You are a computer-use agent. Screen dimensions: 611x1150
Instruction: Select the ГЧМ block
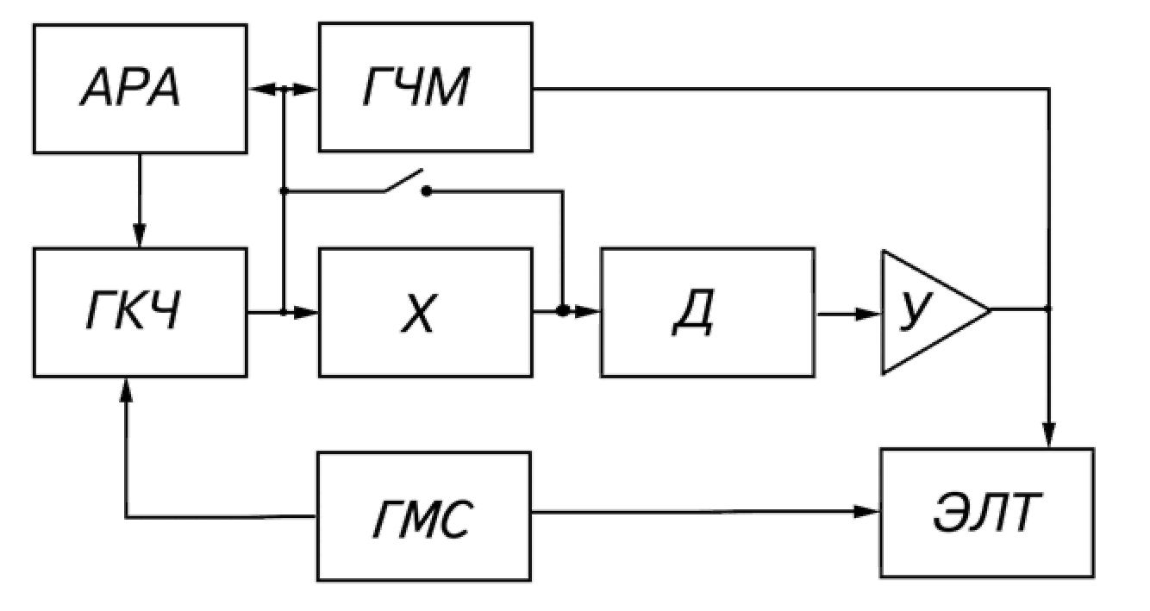click(x=425, y=87)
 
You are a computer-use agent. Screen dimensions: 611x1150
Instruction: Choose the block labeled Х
click(x=425, y=311)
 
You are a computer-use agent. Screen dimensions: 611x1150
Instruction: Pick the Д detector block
click(x=707, y=311)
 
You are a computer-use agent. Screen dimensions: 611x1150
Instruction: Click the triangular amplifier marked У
click(x=927, y=311)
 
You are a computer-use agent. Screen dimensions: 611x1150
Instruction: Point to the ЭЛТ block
click(x=986, y=513)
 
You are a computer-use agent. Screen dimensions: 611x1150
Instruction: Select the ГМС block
click(x=425, y=515)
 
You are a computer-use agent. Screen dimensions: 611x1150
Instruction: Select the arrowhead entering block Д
click(x=590, y=311)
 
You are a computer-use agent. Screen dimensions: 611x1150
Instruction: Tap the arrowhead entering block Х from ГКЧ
click(x=308, y=311)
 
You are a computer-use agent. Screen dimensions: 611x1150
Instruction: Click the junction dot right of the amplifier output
click(x=1049, y=309)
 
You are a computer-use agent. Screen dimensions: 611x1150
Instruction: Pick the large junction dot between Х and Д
click(x=563, y=311)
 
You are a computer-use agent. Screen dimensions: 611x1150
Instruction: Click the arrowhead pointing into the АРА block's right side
click(x=257, y=88)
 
